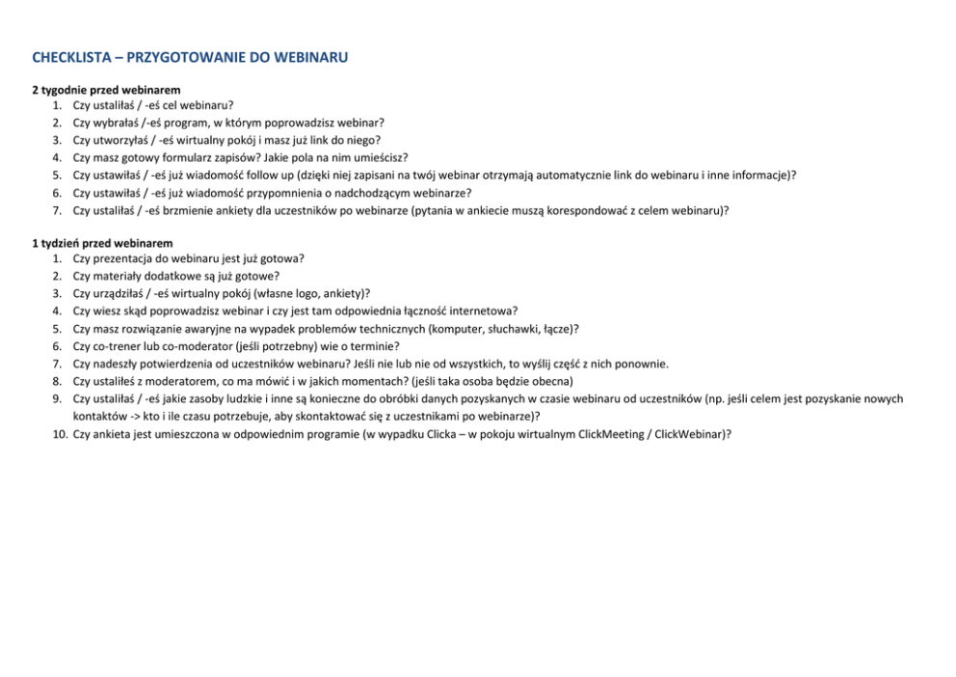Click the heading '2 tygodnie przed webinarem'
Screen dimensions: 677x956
click(x=106, y=90)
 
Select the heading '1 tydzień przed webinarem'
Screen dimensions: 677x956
click(x=102, y=243)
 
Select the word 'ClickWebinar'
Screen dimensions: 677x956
click(x=688, y=434)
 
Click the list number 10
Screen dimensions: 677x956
click(x=58, y=434)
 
